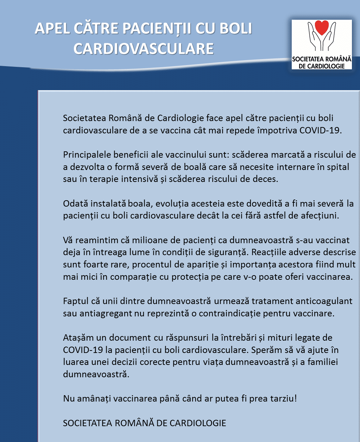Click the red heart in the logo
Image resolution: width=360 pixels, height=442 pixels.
[x=322, y=27]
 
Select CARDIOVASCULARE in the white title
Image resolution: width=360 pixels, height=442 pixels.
[x=144, y=49]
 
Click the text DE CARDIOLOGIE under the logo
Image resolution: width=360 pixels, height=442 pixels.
[x=322, y=66]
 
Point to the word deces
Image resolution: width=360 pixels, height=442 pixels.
[x=267, y=179]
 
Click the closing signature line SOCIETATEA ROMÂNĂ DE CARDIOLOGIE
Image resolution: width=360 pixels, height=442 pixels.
[x=145, y=423]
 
